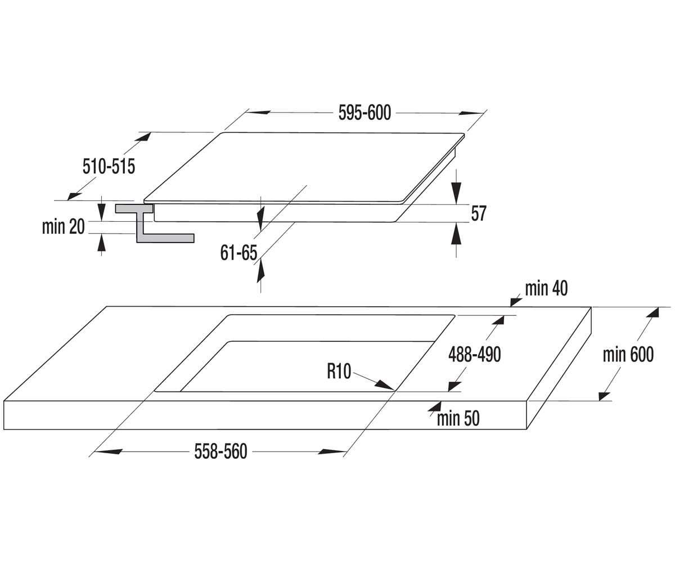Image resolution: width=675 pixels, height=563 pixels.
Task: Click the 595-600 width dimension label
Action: [364, 113]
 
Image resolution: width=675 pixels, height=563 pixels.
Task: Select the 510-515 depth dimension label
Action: [109, 167]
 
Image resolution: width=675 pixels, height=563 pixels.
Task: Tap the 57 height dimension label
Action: [479, 213]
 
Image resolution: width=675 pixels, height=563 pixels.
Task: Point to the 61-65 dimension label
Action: [238, 253]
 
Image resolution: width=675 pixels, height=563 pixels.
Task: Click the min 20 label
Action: [64, 226]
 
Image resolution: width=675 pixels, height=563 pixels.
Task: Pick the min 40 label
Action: [546, 288]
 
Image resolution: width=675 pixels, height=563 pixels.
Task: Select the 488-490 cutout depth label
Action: [475, 354]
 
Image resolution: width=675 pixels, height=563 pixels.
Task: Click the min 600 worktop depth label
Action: [628, 354]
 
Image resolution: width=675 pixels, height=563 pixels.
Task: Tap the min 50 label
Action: [458, 418]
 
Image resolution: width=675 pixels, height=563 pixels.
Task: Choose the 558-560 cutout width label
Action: [221, 452]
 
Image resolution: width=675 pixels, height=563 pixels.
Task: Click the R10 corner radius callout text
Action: [339, 371]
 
